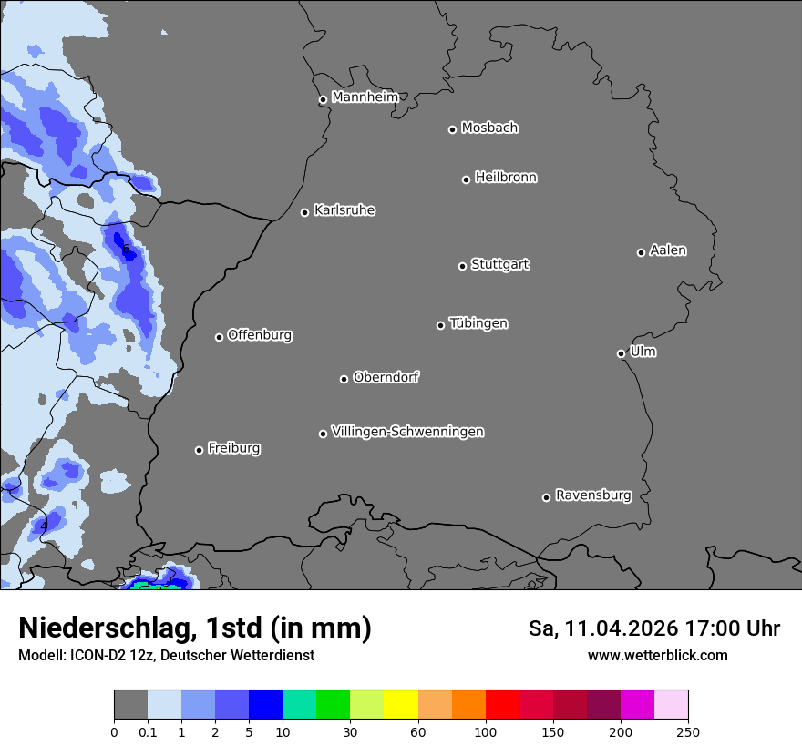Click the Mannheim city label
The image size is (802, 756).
[x=365, y=97]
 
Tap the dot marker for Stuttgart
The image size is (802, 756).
[x=462, y=266]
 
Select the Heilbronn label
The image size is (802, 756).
[x=506, y=178]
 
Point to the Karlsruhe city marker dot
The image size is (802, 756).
[x=305, y=213]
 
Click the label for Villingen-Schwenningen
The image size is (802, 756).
[x=407, y=432]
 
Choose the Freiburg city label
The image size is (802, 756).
[x=233, y=448]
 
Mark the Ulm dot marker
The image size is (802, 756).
[x=621, y=353]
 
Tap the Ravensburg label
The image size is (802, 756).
[x=593, y=495]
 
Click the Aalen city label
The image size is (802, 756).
[x=668, y=250]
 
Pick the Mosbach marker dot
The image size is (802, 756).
[x=452, y=129]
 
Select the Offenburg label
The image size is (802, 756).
[x=260, y=335]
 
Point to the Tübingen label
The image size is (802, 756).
[x=478, y=323]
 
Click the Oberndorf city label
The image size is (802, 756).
[x=386, y=377]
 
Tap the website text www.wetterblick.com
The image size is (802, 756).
[x=658, y=656]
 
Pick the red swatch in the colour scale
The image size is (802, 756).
[x=502, y=705]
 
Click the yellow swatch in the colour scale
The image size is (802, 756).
[x=401, y=705]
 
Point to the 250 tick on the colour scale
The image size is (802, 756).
[x=688, y=731]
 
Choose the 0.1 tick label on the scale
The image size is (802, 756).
[x=148, y=731]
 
